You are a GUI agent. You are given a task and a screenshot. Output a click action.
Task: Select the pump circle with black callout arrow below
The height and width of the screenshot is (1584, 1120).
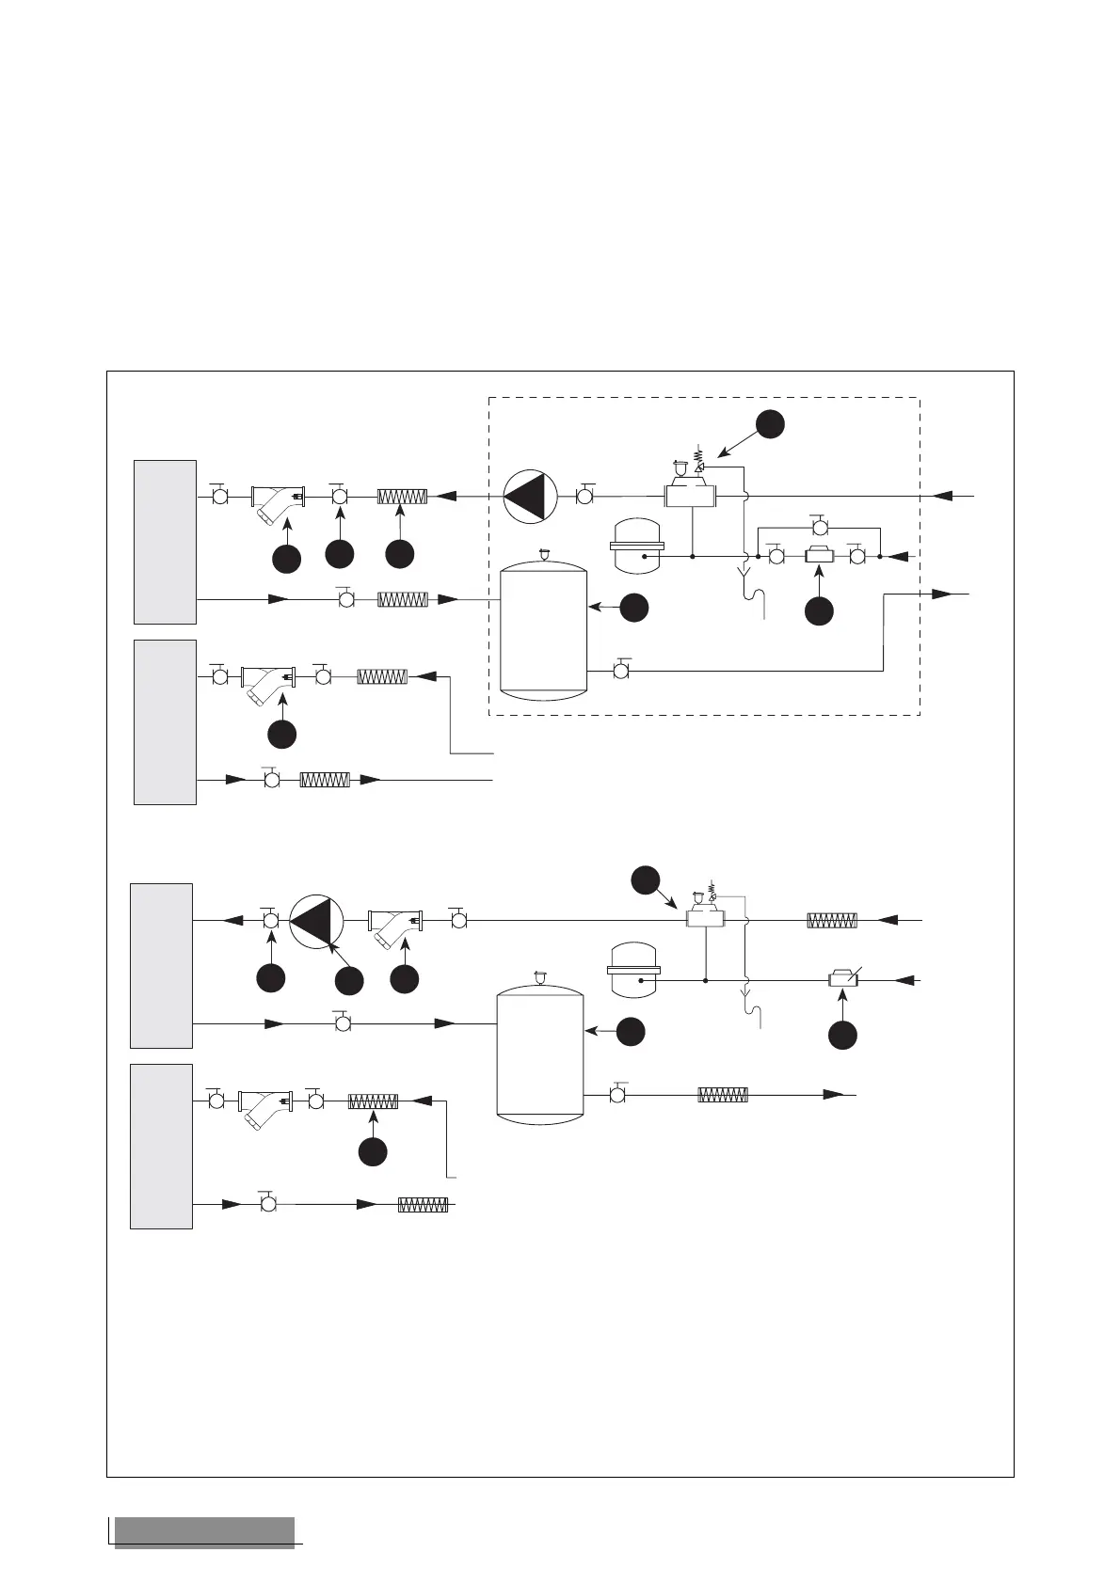(317, 921)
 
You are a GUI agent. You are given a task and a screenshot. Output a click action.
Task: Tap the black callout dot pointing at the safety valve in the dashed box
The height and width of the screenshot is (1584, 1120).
(770, 424)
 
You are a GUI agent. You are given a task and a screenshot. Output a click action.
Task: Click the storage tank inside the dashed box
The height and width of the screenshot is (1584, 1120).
(544, 630)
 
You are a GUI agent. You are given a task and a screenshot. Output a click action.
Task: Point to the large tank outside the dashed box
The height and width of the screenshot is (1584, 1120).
(540, 1052)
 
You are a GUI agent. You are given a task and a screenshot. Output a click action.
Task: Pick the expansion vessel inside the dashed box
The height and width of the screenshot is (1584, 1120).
(637, 546)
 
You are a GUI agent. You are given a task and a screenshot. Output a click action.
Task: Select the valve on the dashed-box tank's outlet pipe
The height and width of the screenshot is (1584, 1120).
(620, 671)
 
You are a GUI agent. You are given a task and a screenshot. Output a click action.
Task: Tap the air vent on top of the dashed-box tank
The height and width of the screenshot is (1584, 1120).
(543, 554)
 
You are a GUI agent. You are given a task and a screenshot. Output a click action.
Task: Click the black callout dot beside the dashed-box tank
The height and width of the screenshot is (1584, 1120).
(635, 608)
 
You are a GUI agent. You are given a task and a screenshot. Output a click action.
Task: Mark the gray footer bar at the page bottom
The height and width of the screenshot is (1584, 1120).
(204, 1531)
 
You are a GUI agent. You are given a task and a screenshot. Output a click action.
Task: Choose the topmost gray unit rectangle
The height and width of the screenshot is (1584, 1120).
(165, 542)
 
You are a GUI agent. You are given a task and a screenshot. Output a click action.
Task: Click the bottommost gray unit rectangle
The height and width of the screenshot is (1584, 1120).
(161, 1146)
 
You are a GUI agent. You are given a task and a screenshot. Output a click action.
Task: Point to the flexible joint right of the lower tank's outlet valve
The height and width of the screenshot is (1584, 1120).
(723, 1095)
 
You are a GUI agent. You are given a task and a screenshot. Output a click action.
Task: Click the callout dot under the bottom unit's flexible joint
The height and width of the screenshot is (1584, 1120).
(374, 1151)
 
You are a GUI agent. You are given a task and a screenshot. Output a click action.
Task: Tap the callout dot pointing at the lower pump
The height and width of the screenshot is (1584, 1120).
(348, 981)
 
